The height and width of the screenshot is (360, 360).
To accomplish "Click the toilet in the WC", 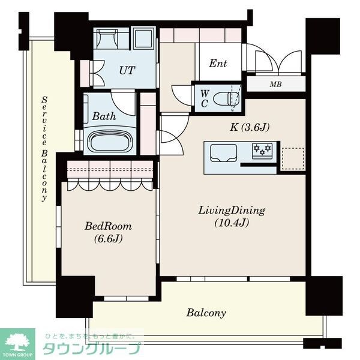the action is point(226,99).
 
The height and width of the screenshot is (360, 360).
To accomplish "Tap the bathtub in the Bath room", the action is point(109,142).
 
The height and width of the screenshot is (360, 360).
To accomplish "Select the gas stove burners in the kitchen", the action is point(262,151).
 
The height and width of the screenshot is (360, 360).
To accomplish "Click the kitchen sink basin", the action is point(223,152).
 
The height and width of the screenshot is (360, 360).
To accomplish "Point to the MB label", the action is point(276,85).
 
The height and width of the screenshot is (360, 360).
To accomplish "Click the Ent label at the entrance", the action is point(218,64).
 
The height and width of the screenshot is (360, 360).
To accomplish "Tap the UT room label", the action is point(127,70).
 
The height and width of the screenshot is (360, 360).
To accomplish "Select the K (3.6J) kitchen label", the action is point(250,127).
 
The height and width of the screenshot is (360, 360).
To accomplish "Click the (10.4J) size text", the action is point(232,223).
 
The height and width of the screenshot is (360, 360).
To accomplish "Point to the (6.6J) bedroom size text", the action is point(108,239).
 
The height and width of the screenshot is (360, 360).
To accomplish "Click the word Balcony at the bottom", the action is point(206,313).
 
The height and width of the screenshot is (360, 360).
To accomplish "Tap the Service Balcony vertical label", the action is point(44,149).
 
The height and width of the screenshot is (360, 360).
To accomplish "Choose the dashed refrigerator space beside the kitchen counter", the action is point(293,159).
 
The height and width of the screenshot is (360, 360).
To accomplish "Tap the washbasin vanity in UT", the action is point(107,38).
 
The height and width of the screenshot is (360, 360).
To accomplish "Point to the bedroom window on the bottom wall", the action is point(126,298).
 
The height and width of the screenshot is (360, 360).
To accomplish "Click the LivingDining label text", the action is point(232,211).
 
